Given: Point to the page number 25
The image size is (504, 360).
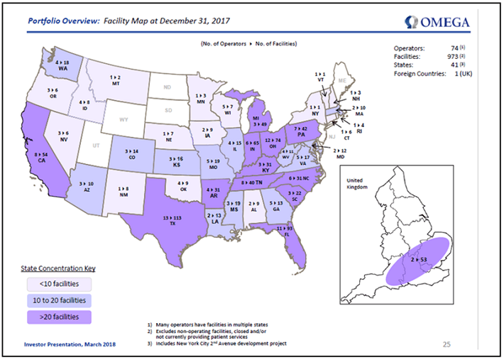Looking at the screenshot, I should click(x=447, y=344).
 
